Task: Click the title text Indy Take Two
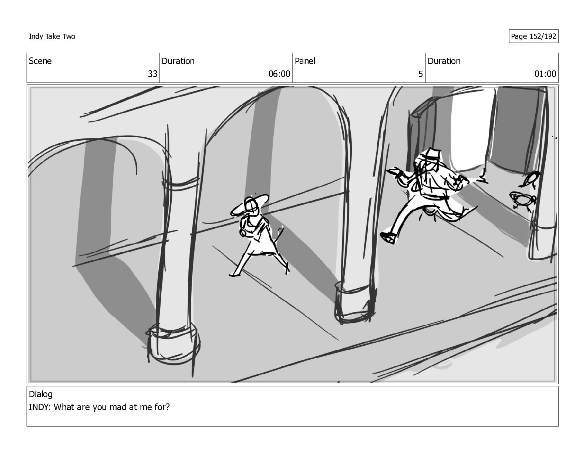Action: click(x=52, y=36)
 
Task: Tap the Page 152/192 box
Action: click(x=533, y=36)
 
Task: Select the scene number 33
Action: click(x=152, y=74)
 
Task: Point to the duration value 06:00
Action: click(x=279, y=74)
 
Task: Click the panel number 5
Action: click(x=420, y=74)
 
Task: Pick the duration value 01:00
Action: click(x=545, y=74)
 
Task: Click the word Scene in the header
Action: click(x=40, y=61)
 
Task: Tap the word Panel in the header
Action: click(x=305, y=61)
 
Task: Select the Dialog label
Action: click(x=41, y=394)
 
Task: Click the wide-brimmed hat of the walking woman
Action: click(x=249, y=205)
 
